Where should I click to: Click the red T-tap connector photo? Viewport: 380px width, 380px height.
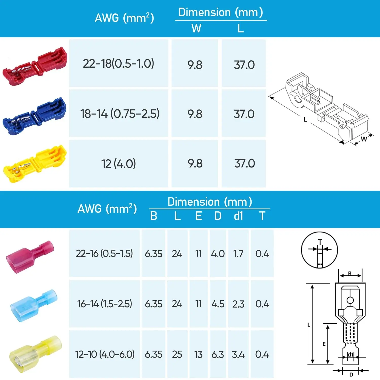[x=35, y=66]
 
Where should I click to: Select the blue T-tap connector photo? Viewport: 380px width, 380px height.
[x=34, y=116]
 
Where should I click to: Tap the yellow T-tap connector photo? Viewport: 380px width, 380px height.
[x=35, y=164]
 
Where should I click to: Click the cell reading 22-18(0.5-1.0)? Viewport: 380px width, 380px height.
[x=119, y=63]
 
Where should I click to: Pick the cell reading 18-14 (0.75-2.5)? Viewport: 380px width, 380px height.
[x=119, y=113]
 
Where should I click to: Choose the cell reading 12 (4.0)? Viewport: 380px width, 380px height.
[x=119, y=164]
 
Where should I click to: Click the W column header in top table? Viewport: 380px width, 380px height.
[x=196, y=28]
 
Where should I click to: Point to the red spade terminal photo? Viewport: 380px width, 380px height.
[x=30, y=257]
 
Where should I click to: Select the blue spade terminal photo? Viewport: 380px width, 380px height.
[x=34, y=306]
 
